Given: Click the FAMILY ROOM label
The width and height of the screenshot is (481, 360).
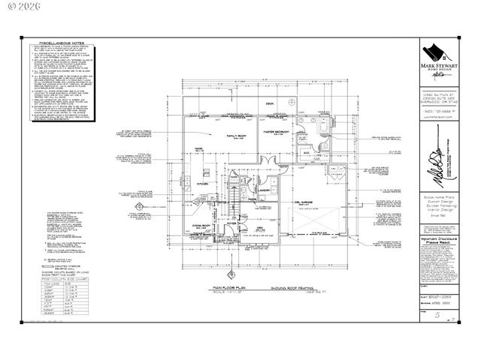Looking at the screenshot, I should [x=244, y=136].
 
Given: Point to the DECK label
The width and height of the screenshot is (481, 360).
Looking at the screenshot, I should [x=267, y=105].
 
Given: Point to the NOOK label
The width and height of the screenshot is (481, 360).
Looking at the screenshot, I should [x=199, y=149].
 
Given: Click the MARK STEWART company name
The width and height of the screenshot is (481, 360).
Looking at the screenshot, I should [x=440, y=67].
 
